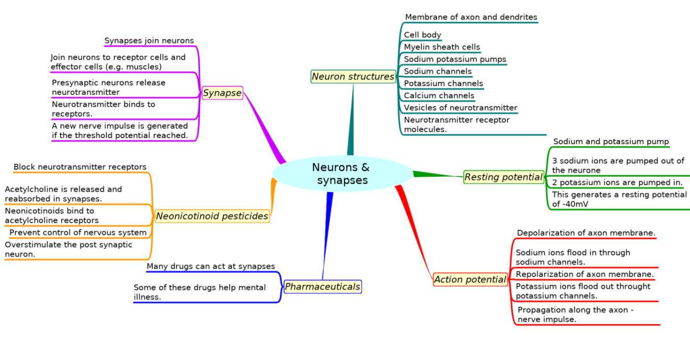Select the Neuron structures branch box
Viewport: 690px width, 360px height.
353,76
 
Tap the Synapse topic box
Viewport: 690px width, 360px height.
222,93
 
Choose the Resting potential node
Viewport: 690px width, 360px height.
503,177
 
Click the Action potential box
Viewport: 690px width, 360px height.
470,280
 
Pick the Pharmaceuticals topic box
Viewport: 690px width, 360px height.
322,287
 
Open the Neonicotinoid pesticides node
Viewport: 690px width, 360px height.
212,216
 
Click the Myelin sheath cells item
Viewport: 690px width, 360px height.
442,47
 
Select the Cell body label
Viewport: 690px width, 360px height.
422,35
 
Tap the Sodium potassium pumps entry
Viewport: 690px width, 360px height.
454,59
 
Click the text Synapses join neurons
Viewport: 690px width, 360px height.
149,41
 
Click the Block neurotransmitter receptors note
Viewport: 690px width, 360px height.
80,167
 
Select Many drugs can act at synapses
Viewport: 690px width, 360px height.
210,266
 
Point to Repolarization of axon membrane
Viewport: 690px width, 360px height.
585,274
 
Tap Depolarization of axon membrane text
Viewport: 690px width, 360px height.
586,233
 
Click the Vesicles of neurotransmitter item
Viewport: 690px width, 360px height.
460,108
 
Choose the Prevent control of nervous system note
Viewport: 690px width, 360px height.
78,232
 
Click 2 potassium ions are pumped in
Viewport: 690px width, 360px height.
617,182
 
